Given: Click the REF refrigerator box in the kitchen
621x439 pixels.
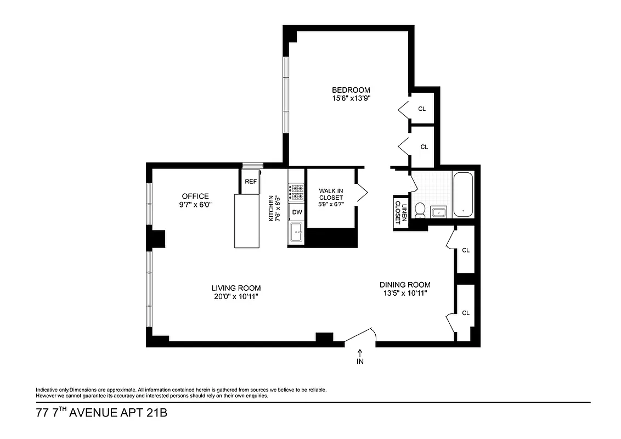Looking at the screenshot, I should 251,182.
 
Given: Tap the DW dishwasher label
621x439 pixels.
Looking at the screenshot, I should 297,212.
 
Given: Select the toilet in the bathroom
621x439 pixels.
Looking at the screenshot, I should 421,210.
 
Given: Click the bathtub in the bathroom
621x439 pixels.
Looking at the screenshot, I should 464,194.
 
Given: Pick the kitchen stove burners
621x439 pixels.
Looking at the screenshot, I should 297,192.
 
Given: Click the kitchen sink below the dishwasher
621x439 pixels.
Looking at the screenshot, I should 297,232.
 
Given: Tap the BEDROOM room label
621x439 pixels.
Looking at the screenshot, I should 351,90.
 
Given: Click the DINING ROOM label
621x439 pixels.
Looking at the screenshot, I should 405,285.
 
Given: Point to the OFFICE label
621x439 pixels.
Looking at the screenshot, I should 195,196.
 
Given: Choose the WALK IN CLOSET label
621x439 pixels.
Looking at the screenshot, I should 331,194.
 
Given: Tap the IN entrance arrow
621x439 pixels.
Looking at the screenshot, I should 360,357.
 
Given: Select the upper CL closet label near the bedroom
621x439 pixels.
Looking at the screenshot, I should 422,109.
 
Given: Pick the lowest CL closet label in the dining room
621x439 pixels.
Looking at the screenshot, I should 466,313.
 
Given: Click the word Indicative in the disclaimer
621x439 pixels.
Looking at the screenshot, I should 48,390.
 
